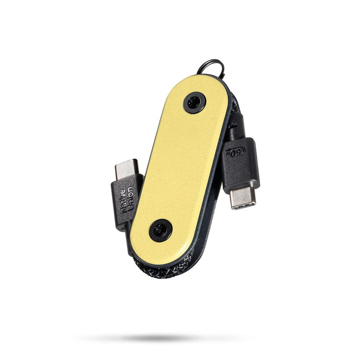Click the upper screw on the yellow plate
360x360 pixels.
(194, 103)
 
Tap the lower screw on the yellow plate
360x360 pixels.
(161, 230)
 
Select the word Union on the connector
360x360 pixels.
(130, 198)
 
